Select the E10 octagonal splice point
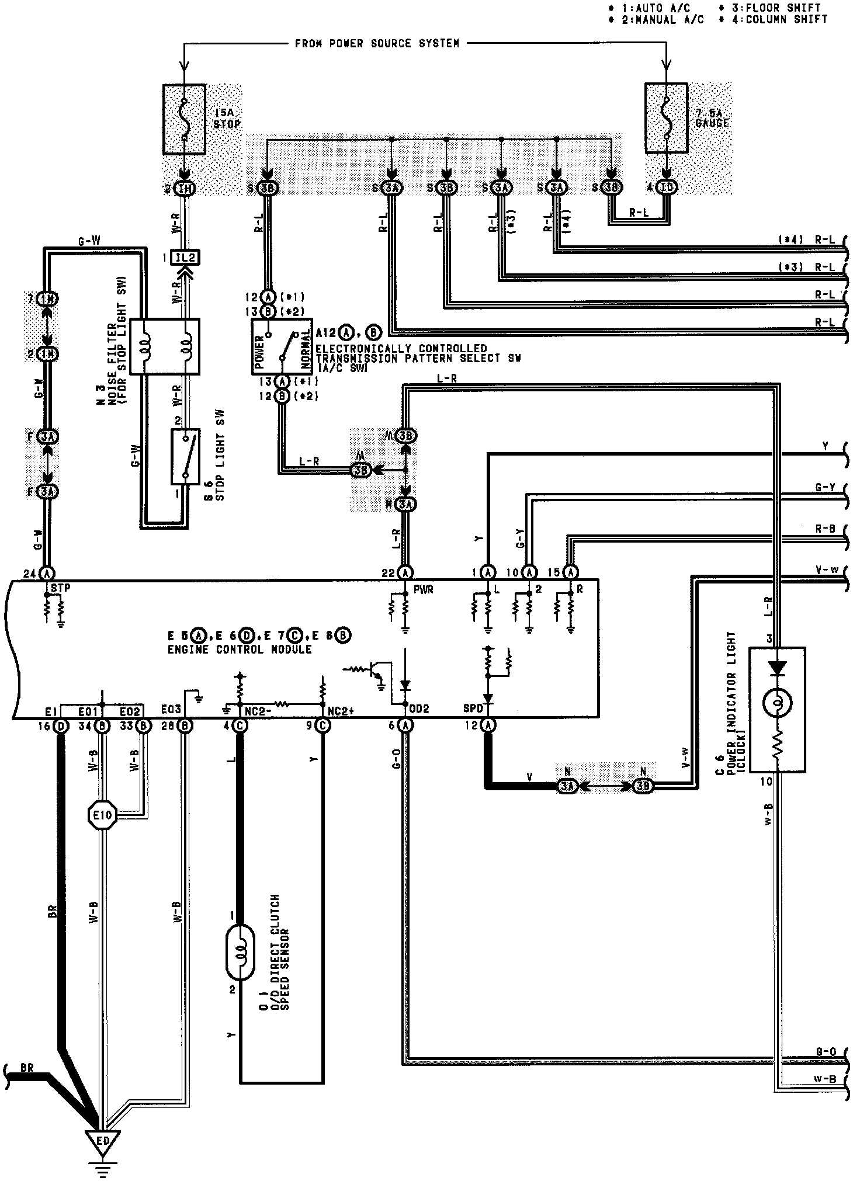coord(102,814)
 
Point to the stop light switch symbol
coord(185,457)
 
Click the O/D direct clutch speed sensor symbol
coord(240,960)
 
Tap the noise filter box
coord(164,346)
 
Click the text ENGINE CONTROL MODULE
coord(240,649)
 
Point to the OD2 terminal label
coord(419,709)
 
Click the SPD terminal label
coord(473,709)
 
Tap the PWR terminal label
coord(422,590)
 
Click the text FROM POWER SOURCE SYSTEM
coord(377,43)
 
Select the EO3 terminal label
coord(173,711)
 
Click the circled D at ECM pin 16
coord(61,725)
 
